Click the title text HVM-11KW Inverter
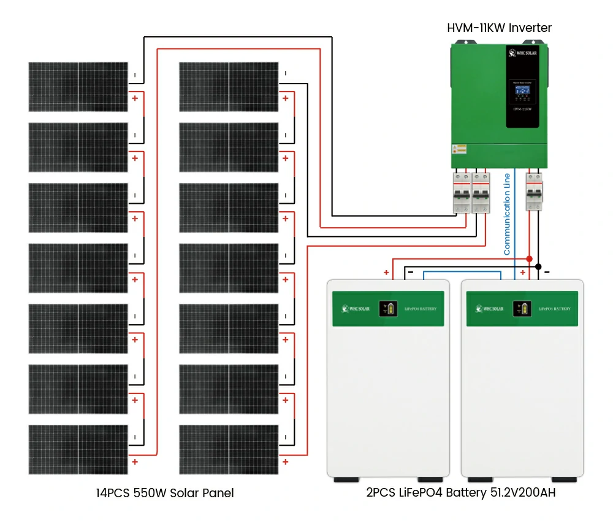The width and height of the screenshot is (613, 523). pos(499,28)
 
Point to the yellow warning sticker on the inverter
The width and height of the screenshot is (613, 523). pos(459,149)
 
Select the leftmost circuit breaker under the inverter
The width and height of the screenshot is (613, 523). pos(462,192)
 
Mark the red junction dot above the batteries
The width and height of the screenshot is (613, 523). pos(530,259)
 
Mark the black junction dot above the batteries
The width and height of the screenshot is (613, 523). pos(538,266)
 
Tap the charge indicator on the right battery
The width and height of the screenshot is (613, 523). pos(522,308)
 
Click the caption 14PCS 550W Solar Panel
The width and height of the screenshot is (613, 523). pos(165,493)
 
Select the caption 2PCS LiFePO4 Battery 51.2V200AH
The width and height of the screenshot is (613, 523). pos(461,492)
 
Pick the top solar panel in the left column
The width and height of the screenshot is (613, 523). pos(78,87)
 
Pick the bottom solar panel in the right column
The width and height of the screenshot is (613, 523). pos(229,449)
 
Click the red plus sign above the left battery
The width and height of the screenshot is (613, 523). pos(386,273)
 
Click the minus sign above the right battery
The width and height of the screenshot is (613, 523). pos(547,271)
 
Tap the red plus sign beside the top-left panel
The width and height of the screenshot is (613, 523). pos(135,98)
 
